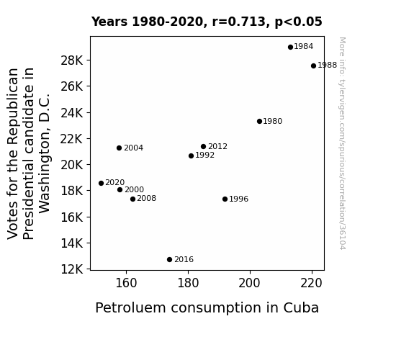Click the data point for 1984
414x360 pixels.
click(290, 48)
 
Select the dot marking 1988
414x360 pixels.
click(313, 66)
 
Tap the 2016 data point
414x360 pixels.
click(169, 260)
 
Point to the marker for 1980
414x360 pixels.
click(259, 121)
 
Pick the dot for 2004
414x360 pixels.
click(119, 148)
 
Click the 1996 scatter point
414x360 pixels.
click(225, 199)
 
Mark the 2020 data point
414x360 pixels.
click(101, 183)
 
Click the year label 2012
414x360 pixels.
click(217, 146)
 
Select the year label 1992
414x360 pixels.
click(205, 155)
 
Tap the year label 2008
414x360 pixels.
click(147, 198)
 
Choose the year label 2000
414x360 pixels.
click(134, 189)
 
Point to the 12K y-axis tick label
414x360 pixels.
click(71, 269)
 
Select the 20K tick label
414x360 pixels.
click(71, 165)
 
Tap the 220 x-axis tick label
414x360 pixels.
click(311, 283)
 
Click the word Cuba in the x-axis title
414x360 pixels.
click(301, 307)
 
